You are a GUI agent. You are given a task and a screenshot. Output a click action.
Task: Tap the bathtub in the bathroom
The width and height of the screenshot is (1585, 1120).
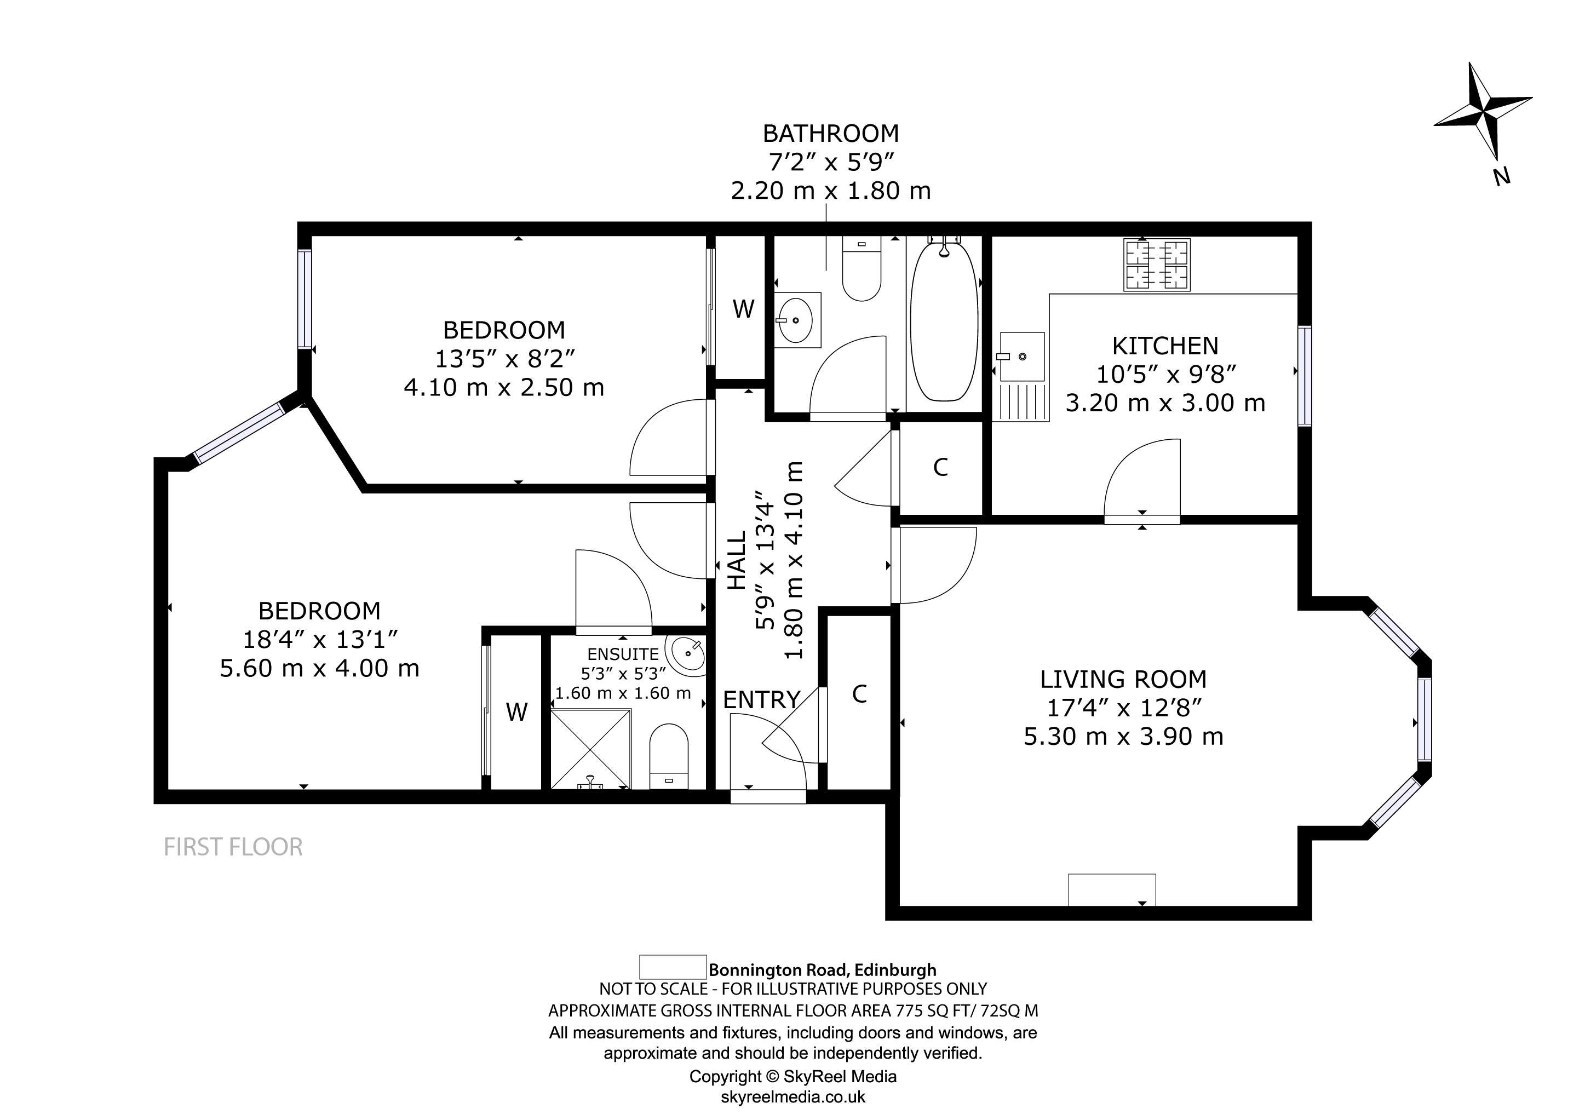pos(944,321)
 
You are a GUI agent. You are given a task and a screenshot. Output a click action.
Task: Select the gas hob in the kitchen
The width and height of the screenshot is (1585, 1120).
pos(1156,265)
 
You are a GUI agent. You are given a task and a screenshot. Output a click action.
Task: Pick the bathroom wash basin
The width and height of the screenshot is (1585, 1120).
pos(797,320)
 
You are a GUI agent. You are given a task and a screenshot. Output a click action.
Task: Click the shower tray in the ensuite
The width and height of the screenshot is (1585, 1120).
pos(591,749)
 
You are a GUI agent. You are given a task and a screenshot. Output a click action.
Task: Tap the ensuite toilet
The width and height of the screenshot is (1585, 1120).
pos(669,755)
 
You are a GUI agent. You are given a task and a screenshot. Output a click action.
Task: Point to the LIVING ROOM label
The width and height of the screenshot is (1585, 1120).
pos(1123,680)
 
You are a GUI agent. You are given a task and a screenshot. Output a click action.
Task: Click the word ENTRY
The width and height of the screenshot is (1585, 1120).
pos(761,700)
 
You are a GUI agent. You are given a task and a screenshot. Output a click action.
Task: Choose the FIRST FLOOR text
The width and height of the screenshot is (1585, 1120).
pos(233,847)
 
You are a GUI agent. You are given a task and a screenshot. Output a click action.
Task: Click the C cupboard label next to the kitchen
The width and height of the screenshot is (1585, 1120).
pos(940,468)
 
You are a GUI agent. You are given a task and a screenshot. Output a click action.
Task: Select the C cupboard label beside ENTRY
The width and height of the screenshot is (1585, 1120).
pos(859,694)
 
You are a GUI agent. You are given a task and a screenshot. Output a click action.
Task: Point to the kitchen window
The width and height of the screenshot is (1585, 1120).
pos(1304,376)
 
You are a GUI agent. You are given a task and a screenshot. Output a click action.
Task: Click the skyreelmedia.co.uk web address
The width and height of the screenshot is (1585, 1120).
pos(792,1096)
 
